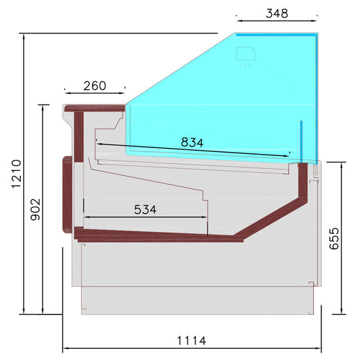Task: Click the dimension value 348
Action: (x=277, y=13)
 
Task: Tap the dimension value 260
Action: (x=95, y=86)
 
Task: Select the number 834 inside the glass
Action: (x=192, y=143)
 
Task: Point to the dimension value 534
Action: (x=145, y=209)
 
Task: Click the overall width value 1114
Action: (x=191, y=341)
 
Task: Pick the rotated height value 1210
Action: (x=17, y=174)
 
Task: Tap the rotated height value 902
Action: (x=35, y=209)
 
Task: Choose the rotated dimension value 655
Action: (x=334, y=238)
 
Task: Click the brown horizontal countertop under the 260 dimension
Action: (x=95, y=108)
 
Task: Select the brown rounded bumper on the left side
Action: (x=67, y=195)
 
